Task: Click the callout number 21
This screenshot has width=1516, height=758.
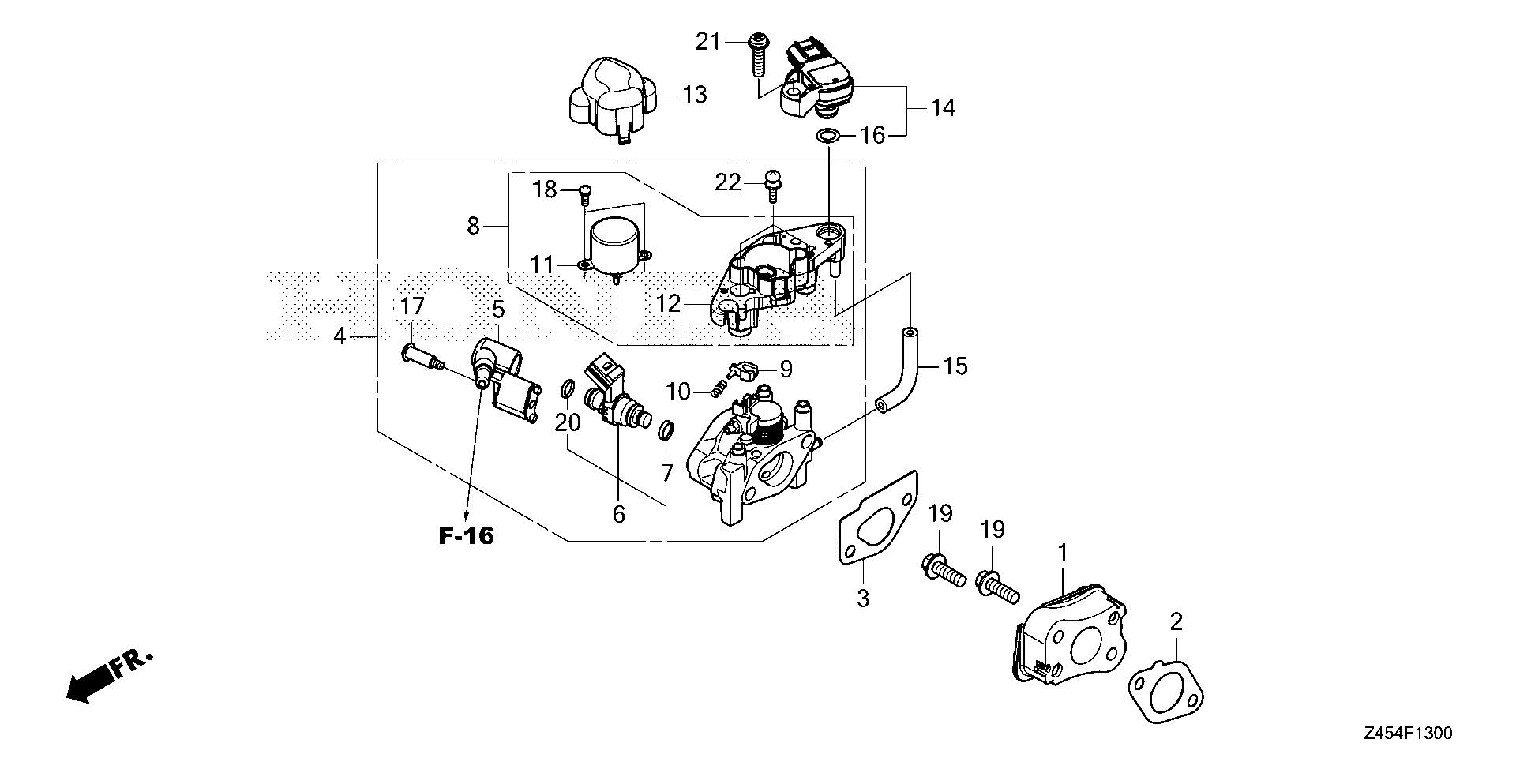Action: click(x=708, y=41)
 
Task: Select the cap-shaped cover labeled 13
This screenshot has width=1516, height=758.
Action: click(x=613, y=101)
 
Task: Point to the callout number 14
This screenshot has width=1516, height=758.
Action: click(x=943, y=107)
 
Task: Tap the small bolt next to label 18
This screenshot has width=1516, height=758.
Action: click(x=585, y=190)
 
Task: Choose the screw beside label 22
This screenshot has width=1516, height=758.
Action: click(x=772, y=182)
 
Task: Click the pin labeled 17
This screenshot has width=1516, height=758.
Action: click(x=421, y=357)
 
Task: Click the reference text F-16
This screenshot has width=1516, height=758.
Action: click(x=466, y=536)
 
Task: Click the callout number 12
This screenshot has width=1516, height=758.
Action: click(x=668, y=303)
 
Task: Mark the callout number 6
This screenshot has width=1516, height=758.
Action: click(x=618, y=515)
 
